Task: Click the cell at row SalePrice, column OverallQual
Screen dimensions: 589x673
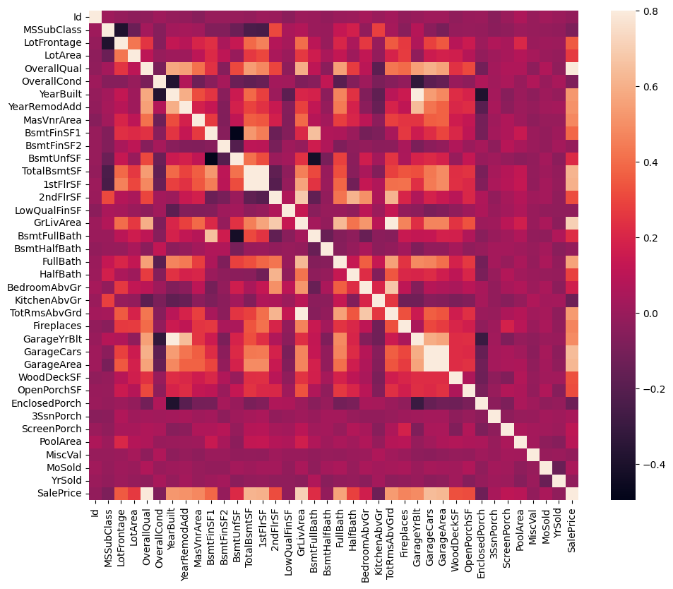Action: pyautogui.click(x=147, y=492)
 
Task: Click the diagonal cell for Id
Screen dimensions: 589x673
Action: pyautogui.click(x=95, y=17)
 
